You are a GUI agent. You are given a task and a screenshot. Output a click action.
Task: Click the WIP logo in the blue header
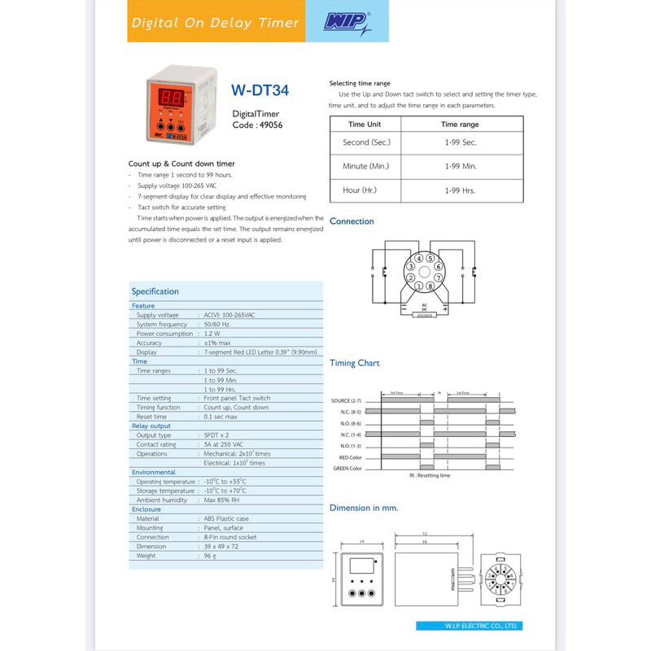point(346,22)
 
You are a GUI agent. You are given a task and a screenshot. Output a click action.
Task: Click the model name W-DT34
point(260,91)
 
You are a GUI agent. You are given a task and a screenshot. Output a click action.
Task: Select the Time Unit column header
point(364,125)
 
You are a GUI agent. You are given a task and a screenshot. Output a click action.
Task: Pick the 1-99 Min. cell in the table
point(460,166)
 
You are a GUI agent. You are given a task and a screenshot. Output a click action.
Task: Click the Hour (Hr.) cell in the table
point(364,190)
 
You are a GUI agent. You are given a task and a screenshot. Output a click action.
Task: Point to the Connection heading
point(352,221)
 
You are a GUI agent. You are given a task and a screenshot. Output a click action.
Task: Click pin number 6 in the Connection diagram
point(438,267)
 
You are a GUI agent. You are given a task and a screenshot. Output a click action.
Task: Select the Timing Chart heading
point(354,363)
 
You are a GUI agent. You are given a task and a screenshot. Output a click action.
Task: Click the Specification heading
point(155,291)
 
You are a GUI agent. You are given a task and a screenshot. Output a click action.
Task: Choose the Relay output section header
point(151,426)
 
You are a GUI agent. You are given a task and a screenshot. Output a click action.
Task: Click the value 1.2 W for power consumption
point(212,334)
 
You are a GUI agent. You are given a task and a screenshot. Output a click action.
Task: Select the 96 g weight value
point(210,556)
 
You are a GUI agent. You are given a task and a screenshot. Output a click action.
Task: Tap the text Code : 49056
point(257,125)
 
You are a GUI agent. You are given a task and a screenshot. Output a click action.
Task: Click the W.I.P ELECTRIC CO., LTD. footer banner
point(469,626)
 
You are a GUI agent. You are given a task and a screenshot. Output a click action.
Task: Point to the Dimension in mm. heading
point(364,508)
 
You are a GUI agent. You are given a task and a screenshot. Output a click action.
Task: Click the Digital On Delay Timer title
point(216,23)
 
